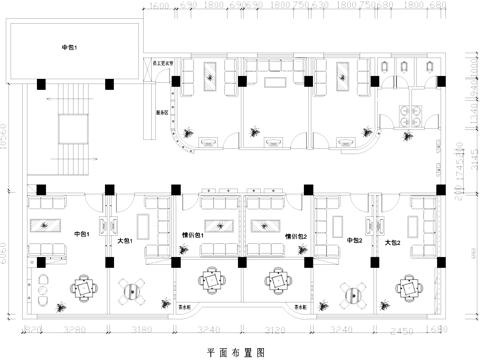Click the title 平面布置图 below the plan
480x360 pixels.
click(236, 352)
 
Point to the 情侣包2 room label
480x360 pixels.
click(295, 237)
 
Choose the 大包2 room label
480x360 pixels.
click(393, 241)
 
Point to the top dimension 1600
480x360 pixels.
click(159, 6)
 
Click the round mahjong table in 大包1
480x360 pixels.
click(132, 291)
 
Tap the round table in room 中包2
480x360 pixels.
click(352, 293)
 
